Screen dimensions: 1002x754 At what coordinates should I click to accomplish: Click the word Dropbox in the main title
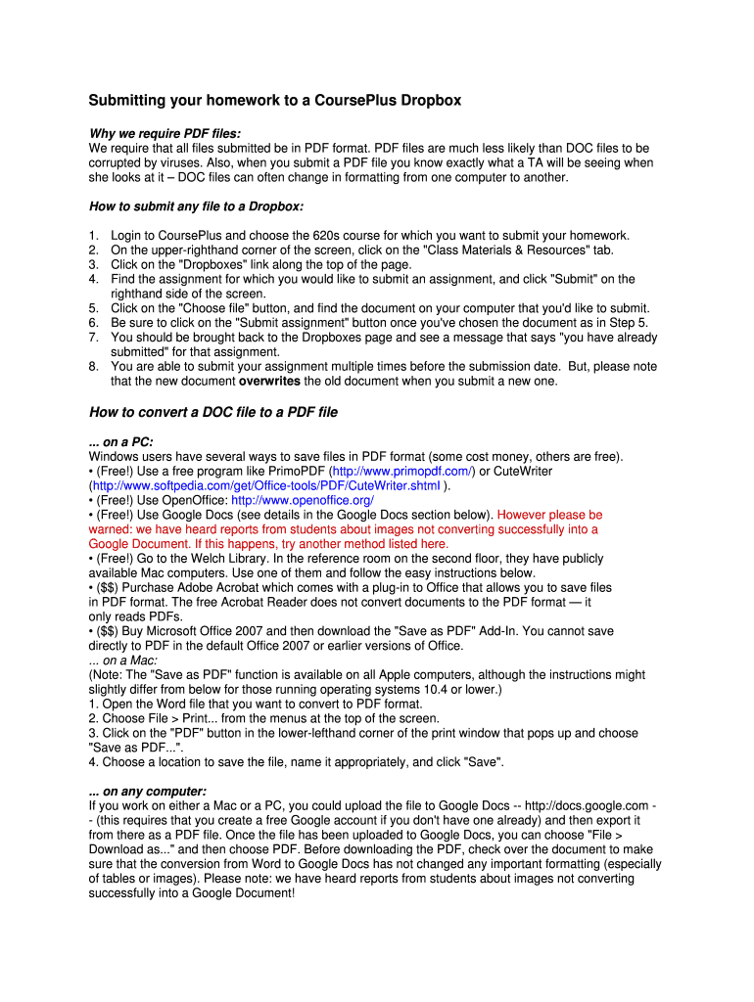click(429, 101)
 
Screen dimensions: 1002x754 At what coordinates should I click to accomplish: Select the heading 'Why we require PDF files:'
click(165, 133)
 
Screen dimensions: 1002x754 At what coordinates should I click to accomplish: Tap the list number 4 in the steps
click(93, 279)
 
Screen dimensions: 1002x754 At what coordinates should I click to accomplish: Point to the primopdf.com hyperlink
click(403, 471)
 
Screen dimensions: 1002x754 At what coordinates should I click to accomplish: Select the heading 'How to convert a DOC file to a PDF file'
click(212, 412)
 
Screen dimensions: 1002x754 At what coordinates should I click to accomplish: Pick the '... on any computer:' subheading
click(147, 791)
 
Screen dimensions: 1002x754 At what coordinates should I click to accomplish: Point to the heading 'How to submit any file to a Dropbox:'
click(196, 206)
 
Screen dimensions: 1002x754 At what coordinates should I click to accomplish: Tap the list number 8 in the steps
click(93, 366)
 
